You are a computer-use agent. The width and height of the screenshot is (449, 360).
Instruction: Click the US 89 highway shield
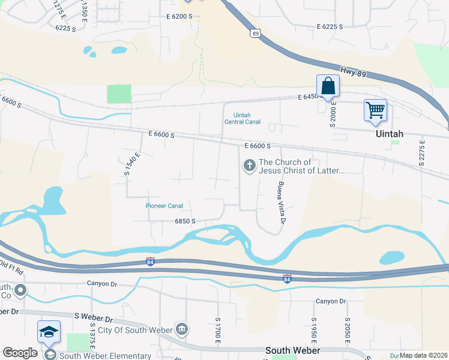pos(255,33)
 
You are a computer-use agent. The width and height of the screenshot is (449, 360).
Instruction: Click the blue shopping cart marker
pos(375,110)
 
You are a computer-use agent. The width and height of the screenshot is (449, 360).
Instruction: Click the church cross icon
pos(249,164)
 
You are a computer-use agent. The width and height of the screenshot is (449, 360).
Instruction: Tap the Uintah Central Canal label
pos(243,118)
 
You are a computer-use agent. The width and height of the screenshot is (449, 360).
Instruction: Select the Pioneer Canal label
pos(164,206)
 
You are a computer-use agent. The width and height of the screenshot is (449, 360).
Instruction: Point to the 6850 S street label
pos(185,221)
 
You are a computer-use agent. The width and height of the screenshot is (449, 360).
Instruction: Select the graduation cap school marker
pos(49,331)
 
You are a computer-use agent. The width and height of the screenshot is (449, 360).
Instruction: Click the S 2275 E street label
pos(422,153)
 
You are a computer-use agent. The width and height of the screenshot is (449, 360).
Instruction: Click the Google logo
pos(20,353)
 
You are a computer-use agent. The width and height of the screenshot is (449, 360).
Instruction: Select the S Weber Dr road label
pos(94,316)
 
